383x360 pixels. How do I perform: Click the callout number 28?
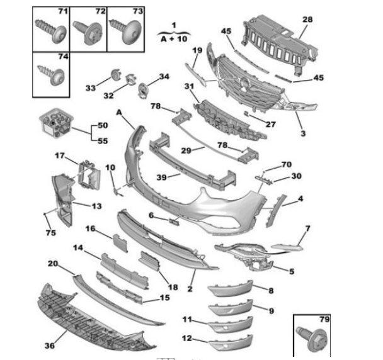[x=307, y=20]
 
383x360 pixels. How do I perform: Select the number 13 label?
[x=96, y=205]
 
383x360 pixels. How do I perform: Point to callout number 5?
[x=292, y=272]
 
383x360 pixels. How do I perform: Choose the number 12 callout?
[x=187, y=338]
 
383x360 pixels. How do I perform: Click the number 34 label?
[x=164, y=77]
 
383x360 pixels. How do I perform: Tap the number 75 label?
[x=51, y=233]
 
